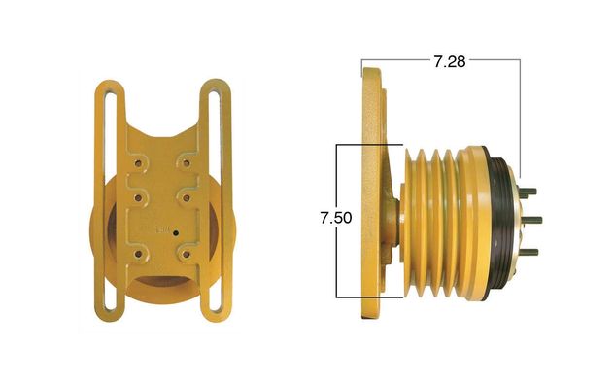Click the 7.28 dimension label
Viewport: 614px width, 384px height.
450,62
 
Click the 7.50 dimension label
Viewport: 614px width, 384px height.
336,218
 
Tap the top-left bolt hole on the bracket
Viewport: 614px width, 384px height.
138,163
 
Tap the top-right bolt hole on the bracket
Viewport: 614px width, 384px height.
187,163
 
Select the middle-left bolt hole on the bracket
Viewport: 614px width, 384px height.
138,198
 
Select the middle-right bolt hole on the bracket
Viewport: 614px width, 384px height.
187,198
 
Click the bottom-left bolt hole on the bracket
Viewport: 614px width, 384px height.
138,255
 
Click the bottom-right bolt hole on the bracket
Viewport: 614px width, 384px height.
187,255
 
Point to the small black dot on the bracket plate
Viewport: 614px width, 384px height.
176,233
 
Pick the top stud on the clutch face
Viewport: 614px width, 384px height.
529,192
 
